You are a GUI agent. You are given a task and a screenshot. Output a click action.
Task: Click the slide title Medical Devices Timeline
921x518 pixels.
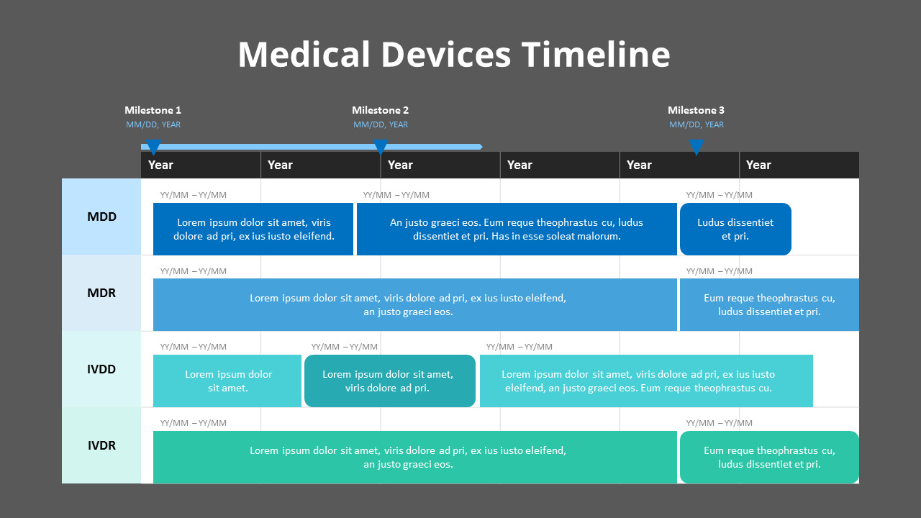click(453, 55)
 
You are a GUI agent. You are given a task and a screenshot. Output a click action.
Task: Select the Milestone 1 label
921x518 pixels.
click(153, 110)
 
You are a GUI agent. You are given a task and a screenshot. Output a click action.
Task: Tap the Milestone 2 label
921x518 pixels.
click(380, 110)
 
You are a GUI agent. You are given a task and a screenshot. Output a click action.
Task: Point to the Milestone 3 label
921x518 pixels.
click(696, 110)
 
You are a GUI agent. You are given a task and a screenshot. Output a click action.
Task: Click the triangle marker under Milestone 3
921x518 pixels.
click(696, 146)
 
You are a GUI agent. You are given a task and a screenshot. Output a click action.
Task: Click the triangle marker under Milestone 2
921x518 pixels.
click(381, 146)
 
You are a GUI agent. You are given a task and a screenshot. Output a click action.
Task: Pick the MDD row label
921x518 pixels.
click(101, 217)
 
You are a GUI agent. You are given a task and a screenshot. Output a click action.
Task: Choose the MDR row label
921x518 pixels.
click(101, 293)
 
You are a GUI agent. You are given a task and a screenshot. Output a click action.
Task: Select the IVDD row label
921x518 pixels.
click(101, 369)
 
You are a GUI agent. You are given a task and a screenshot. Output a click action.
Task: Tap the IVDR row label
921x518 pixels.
click(101, 445)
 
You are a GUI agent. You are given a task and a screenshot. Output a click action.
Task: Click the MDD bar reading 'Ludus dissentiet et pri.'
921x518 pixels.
click(735, 229)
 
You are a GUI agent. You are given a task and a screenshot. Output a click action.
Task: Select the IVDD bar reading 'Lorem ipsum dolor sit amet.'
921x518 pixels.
click(227, 381)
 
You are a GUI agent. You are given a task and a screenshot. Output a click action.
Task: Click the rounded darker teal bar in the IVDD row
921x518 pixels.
click(389, 381)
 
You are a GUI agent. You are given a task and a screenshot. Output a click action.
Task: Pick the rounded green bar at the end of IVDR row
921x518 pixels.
click(769, 457)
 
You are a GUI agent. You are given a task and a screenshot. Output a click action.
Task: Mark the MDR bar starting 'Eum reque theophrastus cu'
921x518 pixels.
click(769, 304)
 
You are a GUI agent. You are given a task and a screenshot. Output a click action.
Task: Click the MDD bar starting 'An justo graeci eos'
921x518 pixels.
click(517, 229)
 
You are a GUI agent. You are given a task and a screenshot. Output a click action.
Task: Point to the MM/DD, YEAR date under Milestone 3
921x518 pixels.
click(696, 124)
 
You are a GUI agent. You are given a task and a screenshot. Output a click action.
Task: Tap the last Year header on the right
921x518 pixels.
click(758, 165)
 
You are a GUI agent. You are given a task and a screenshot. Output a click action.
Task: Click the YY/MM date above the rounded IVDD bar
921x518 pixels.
click(344, 347)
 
